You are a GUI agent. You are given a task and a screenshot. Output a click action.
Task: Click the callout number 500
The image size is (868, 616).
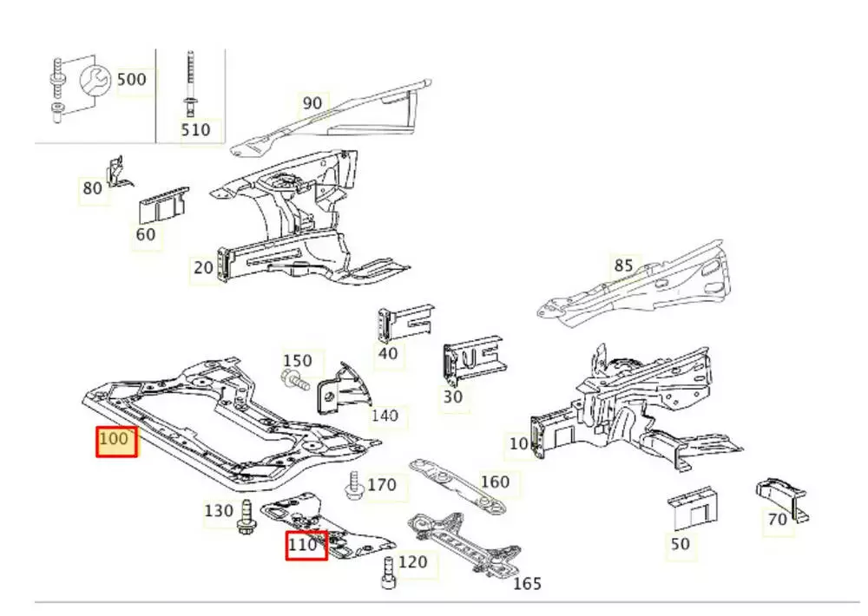(x=132, y=79)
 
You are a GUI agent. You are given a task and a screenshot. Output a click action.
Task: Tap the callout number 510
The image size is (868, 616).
(x=195, y=130)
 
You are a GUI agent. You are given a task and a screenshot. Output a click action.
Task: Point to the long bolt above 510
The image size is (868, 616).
(x=187, y=82)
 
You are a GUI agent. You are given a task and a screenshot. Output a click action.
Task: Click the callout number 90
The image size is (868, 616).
(x=312, y=103)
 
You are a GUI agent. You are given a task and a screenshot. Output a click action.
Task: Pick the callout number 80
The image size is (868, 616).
(x=93, y=188)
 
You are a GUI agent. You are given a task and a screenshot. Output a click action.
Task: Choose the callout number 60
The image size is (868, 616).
(x=146, y=234)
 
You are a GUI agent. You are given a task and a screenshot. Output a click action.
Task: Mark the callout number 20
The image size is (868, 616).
(x=203, y=267)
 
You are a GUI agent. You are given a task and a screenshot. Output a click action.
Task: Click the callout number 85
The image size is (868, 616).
(x=623, y=265)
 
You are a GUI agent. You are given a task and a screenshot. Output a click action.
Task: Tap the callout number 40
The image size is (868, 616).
(x=388, y=353)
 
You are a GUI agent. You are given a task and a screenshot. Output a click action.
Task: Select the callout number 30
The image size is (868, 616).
(x=453, y=396)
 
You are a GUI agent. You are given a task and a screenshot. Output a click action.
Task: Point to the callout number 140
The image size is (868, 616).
(x=385, y=416)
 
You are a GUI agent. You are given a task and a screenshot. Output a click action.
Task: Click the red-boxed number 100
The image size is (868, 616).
(x=116, y=441)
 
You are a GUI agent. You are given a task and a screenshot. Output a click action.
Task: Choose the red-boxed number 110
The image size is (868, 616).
(x=307, y=546)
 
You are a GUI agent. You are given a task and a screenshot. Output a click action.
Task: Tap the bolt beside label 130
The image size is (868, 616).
(x=245, y=515)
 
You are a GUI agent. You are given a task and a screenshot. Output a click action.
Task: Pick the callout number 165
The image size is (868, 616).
(x=527, y=584)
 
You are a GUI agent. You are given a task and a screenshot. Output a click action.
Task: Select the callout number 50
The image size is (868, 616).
(x=681, y=544)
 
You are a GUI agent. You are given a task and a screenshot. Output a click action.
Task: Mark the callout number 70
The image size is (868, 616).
(x=777, y=520)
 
